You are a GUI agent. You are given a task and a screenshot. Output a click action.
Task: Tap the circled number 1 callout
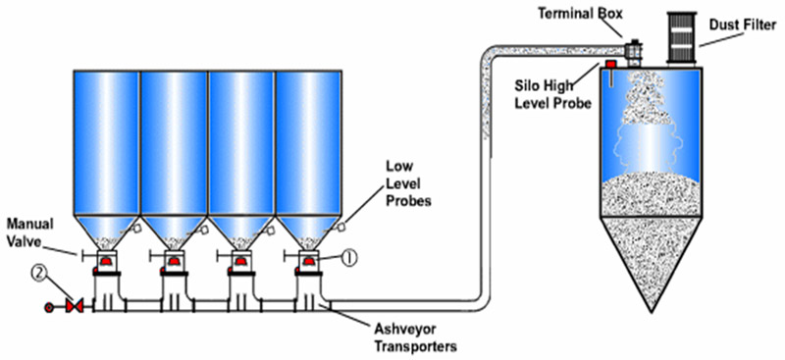click(x=349, y=259)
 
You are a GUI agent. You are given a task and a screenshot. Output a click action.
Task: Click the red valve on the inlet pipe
click(x=71, y=307)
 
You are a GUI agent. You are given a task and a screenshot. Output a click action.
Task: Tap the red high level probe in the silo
click(x=610, y=68)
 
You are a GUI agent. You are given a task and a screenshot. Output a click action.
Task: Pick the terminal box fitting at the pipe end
click(x=633, y=47)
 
